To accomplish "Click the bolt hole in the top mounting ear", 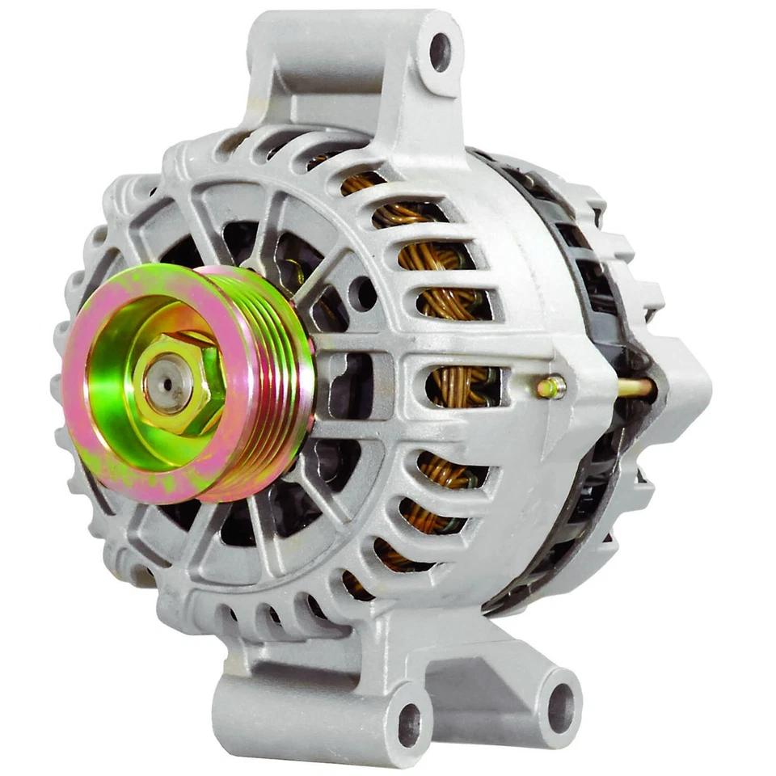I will click(440, 51).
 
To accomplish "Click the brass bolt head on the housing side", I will click(550, 388).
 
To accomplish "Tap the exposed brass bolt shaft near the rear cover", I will click(635, 388).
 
